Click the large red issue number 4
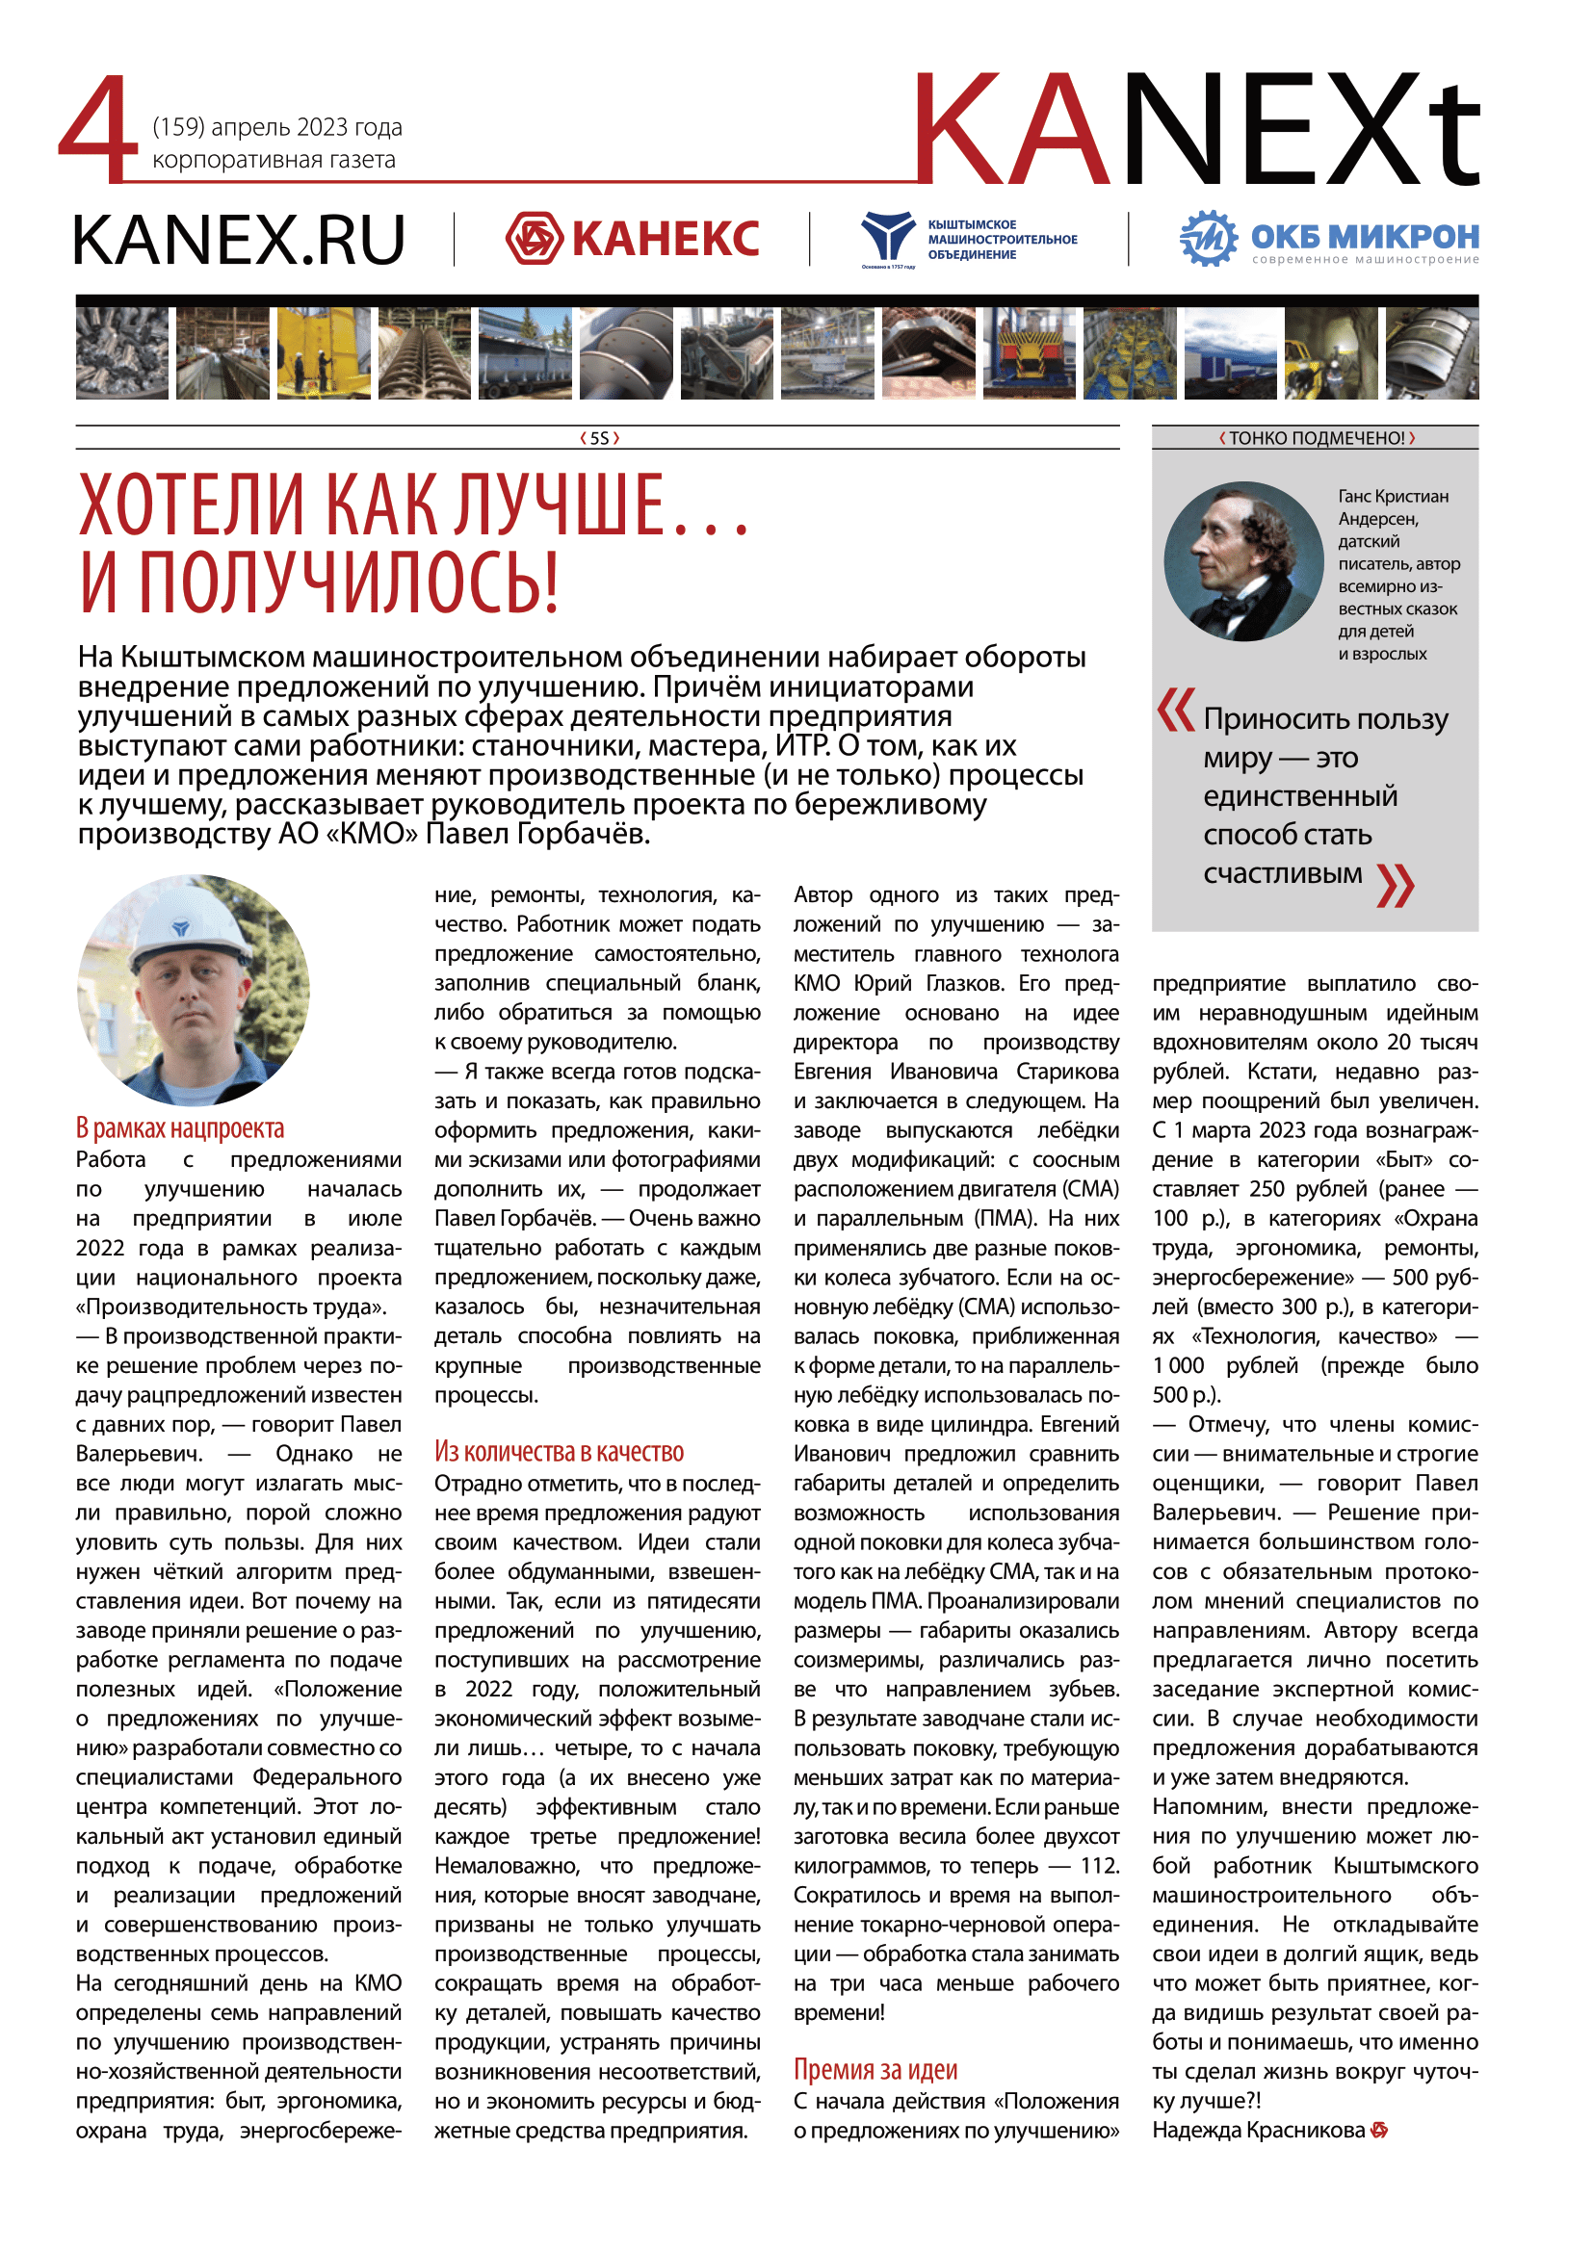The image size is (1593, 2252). pyautogui.click(x=98, y=129)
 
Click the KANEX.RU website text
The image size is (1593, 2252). pyautogui.click(x=238, y=241)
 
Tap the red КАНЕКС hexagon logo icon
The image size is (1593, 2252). pyautogui.click(x=534, y=239)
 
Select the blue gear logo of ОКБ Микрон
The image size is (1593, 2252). pyautogui.click(x=1208, y=239)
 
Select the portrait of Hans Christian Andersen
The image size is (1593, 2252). pyautogui.click(x=1243, y=562)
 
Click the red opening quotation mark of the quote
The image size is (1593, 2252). pyautogui.click(x=1175, y=711)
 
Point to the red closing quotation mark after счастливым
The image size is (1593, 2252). pyautogui.click(x=1395, y=884)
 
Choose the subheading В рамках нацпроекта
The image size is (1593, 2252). pyautogui.click(x=180, y=1128)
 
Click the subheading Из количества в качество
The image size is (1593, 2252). pyautogui.click(x=560, y=1452)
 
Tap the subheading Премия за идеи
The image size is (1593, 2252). pyautogui.click(x=875, y=2070)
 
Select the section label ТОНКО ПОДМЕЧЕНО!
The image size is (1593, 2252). pyautogui.click(x=1317, y=438)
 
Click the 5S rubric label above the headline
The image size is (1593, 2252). pyautogui.click(x=599, y=438)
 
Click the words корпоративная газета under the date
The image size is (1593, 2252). pyautogui.click(x=274, y=160)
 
